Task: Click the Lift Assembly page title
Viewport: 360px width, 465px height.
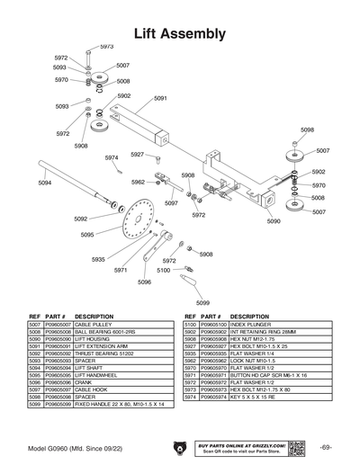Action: point(179,33)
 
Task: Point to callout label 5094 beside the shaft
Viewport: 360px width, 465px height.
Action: point(45,183)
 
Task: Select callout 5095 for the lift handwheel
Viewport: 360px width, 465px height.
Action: point(87,235)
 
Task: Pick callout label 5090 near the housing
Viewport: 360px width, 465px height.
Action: point(273,220)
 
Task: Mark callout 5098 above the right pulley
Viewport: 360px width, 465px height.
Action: point(307,130)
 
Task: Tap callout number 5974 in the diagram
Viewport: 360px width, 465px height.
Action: point(112,157)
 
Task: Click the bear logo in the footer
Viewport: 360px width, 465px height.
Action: point(179,447)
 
